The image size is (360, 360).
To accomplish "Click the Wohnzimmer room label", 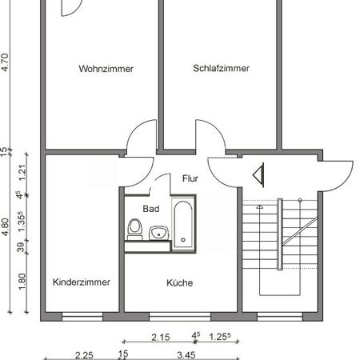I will pos(106,69).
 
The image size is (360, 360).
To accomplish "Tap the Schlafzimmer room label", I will pos(221,69).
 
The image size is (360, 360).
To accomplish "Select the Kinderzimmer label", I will pos(81,282).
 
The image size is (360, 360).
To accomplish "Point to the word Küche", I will pos(180,282).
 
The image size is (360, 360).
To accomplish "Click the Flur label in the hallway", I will pos(190,178).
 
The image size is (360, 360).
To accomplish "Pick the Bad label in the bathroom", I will pos(151,209).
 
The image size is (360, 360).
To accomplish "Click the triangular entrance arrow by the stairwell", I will pos(259,174).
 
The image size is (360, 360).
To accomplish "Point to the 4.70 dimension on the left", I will pos(6,62).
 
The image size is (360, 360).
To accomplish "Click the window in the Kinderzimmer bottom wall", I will pos(82,317).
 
